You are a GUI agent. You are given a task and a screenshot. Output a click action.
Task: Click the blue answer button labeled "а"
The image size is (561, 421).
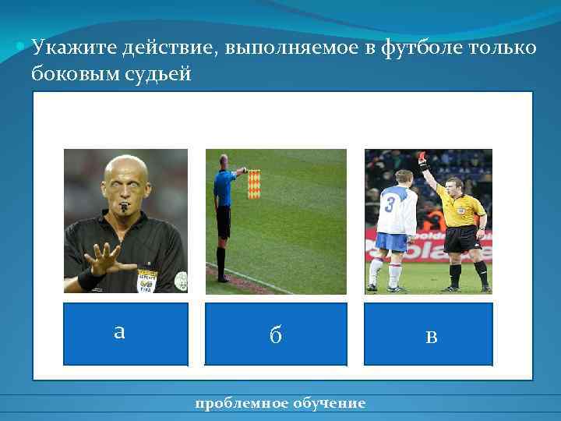[x=125, y=334]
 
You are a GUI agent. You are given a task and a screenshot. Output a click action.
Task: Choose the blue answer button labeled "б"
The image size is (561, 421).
[x=275, y=334]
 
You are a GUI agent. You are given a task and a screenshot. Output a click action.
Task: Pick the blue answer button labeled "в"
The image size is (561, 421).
[x=429, y=334]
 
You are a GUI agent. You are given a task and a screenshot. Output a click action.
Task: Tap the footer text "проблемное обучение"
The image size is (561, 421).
[x=280, y=403]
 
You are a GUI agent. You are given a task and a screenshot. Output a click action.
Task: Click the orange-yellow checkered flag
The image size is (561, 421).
[x=256, y=184]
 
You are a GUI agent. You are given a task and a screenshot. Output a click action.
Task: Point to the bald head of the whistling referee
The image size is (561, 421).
[x=125, y=168]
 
